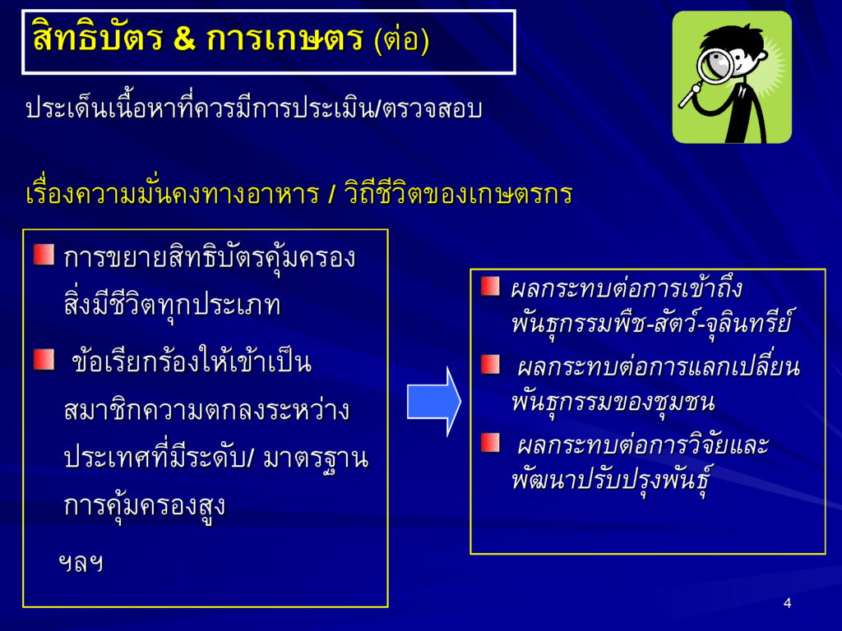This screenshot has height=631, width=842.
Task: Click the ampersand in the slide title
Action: (184, 39)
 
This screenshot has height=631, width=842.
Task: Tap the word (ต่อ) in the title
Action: (401, 39)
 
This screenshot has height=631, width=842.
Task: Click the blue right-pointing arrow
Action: (434, 401)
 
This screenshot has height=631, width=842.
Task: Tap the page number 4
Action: (787, 603)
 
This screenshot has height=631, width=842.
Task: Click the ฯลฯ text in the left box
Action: (81, 563)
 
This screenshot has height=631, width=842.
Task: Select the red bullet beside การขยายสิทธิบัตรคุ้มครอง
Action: (44, 255)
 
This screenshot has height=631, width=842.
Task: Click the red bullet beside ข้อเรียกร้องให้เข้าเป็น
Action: (44, 360)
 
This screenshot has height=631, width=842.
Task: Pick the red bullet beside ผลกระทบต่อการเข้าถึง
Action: (490, 287)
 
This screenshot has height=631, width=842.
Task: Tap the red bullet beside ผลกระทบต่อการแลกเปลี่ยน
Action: (490, 364)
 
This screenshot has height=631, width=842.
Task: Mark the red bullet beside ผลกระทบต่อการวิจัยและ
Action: (490, 443)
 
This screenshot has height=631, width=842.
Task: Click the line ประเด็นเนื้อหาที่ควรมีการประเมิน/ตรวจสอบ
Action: (254, 108)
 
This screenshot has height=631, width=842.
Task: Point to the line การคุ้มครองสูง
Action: (144, 505)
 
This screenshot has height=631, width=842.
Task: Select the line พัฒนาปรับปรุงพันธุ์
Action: (611, 478)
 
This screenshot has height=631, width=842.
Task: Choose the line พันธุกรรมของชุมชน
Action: (613, 401)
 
